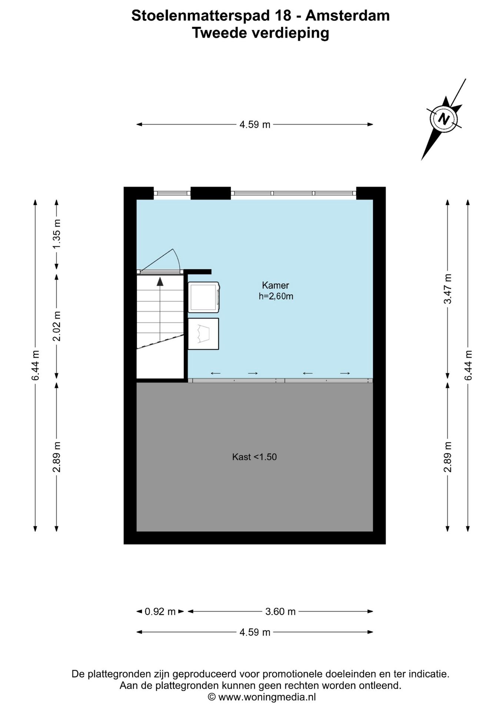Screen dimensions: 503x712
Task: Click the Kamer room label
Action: coord(275,285)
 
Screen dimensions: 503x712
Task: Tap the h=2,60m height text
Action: coord(276,296)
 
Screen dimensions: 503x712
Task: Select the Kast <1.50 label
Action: coord(254,457)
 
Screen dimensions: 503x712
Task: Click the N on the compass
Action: coord(443,119)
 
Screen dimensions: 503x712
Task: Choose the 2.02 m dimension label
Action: coord(56,326)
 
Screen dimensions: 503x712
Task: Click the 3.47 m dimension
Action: coord(448,289)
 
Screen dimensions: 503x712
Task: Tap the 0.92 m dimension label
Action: coord(160,612)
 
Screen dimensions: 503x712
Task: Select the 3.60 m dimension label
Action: coord(280,612)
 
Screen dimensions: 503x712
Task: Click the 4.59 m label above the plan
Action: coord(255,125)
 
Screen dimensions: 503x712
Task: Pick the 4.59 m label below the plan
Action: coord(255,632)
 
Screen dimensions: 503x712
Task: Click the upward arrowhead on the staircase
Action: coord(160,281)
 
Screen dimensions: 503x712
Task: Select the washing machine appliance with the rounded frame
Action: coord(204,297)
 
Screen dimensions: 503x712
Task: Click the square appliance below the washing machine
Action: coord(203,334)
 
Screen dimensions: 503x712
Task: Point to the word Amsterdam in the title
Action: coord(347,16)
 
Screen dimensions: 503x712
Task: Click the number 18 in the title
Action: coord(283,16)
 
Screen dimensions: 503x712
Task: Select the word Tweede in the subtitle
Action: coord(220,33)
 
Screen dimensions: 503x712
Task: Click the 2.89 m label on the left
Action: coord(56,457)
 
